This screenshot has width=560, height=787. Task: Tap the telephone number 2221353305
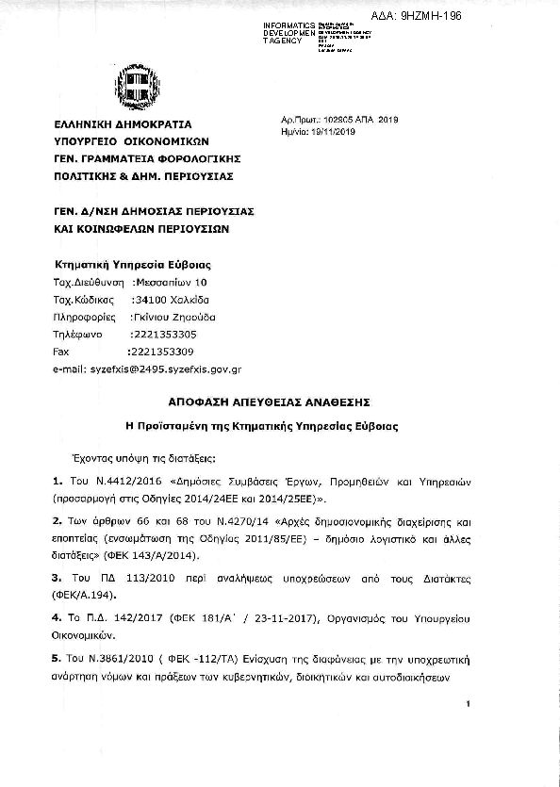163,335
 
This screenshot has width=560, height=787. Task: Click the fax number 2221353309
161,352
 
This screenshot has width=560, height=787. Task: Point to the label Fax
63,352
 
